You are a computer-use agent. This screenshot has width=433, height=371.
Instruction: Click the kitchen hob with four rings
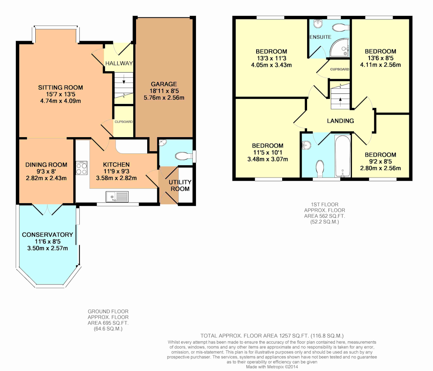[x=82, y=168]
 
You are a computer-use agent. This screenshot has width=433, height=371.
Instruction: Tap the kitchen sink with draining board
[x=117, y=197]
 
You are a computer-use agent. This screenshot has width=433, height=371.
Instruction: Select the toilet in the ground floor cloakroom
[x=184, y=156]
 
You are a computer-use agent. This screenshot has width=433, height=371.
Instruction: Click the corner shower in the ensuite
[x=340, y=48]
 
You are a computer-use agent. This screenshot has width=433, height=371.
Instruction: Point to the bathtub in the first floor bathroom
[x=343, y=156]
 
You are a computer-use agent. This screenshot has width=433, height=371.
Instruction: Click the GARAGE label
[x=164, y=84]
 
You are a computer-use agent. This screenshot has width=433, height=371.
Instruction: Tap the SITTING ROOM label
[x=60, y=87]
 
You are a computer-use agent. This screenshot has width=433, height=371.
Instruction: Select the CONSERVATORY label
[x=48, y=235]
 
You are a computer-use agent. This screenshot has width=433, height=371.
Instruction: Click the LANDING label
[x=340, y=121]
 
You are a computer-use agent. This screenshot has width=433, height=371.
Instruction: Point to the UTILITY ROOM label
[x=180, y=185]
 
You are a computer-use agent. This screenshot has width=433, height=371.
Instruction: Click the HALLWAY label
[x=119, y=63]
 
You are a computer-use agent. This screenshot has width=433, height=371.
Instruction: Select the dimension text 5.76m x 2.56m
[x=164, y=97]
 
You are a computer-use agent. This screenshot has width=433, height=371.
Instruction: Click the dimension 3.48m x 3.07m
[x=267, y=159]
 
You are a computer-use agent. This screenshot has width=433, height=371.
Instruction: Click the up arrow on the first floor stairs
[x=340, y=102]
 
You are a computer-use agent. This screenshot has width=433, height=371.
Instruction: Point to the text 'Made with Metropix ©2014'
[x=272, y=367]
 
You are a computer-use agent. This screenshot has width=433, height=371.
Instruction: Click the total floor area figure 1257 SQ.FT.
[x=294, y=336]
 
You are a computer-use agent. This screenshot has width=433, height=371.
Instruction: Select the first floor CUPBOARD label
[x=340, y=69]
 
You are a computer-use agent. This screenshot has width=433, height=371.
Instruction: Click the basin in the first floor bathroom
[x=306, y=145]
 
